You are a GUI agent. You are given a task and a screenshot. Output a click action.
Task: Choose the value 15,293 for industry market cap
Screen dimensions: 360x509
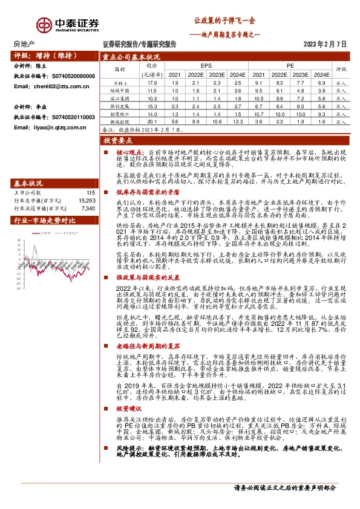tap(87, 199)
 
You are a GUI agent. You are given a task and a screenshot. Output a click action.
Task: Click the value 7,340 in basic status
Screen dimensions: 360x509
tap(88, 208)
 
